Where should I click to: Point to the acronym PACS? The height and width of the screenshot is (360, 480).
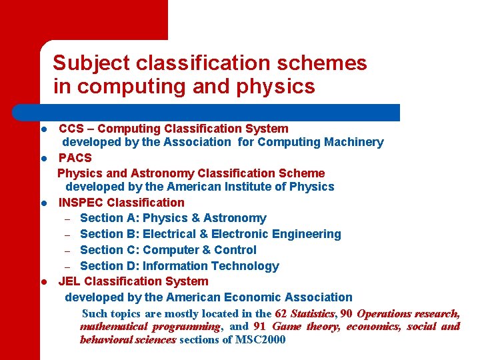(x=75, y=158)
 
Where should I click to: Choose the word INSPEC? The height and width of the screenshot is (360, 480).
(x=81, y=203)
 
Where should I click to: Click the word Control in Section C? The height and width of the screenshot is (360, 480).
(x=235, y=250)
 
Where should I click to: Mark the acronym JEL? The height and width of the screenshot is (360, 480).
(x=70, y=281)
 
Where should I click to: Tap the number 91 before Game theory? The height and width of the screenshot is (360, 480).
(x=259, y=327)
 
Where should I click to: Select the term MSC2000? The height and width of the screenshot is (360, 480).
(x=259, y=340)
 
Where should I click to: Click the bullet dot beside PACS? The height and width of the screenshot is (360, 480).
(x=42, y=159)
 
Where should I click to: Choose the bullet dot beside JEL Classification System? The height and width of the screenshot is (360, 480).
(x=42, y=282)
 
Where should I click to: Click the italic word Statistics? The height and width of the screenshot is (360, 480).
(x=312, y=313)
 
